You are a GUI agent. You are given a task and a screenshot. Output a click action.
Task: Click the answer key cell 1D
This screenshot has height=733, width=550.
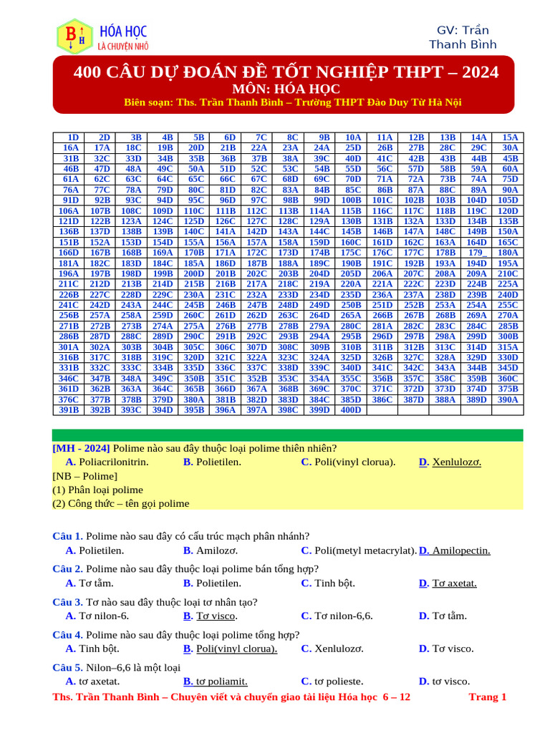coord(72,137)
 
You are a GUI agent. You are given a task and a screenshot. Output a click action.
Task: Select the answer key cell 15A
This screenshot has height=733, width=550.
coord(510,137)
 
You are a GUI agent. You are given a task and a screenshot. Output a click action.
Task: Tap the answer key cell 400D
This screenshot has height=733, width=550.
coord(351,410)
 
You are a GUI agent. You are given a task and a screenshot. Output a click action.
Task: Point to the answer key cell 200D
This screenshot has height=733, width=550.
coord(194,273)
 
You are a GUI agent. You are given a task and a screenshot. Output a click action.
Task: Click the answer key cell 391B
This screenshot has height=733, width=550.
coord(69,410)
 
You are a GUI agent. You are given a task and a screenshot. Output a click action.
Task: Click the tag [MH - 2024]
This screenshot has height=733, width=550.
coord(81,447)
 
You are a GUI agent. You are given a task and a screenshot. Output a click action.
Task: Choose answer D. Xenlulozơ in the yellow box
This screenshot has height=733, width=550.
coord(450,462)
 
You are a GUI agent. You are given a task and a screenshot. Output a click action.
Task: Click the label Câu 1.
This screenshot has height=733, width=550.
coord(68,535)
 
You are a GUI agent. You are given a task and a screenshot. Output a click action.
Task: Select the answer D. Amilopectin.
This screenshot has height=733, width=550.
coord(455,550)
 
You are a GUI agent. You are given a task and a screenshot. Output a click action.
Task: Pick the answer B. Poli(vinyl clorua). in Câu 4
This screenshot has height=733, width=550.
coord(231,649)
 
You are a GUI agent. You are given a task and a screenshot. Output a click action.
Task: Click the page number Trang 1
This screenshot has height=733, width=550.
coord(487,696)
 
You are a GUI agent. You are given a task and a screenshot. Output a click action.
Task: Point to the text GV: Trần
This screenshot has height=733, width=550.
coord(463,30)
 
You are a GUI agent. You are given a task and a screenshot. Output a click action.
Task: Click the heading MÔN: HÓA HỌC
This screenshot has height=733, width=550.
coord(285,89)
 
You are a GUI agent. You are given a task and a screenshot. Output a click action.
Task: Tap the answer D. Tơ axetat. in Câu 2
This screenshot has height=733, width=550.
coord(448,583)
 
